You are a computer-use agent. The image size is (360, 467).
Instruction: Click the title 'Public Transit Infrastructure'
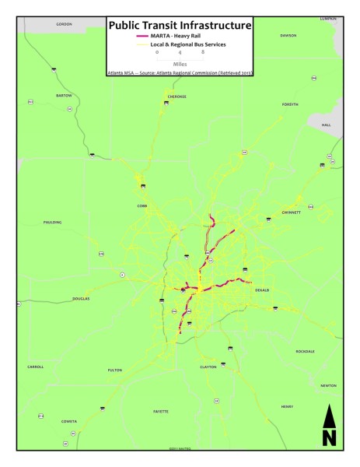tap(180, 25)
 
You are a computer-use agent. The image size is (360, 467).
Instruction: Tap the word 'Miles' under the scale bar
tap(180, 65)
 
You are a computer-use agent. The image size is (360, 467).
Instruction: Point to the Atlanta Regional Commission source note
tap(180, 72)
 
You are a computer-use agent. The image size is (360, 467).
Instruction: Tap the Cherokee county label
tap(177, 97)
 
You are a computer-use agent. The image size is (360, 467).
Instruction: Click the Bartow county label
tap(64, 95)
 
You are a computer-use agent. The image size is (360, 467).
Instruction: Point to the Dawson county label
tap(288, 35)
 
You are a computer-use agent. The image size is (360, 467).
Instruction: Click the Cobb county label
tap(142, 205)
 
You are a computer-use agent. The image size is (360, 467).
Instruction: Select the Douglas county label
tap(81, 298)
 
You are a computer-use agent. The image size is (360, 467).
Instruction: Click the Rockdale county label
tap(305, 351)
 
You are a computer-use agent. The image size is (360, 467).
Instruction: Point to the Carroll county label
tap(35, 366)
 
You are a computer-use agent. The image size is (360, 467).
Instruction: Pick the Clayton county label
tap(208, 366)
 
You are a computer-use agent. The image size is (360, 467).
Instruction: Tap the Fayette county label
tap(161, 410)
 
